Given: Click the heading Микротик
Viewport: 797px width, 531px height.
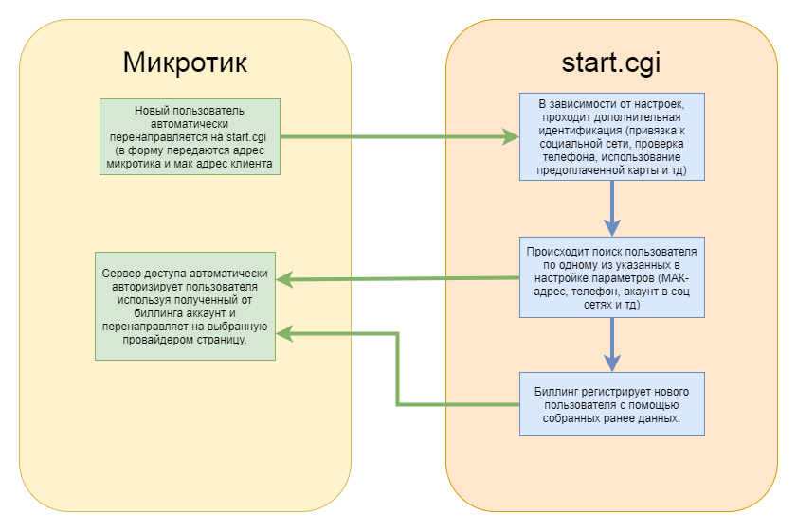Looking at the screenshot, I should pos(185,64).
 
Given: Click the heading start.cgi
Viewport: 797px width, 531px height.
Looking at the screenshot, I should pos(611,64).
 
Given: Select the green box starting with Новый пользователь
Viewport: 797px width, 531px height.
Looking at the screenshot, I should pos(190,136).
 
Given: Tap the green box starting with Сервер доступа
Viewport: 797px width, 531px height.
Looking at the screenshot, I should pos(186,305).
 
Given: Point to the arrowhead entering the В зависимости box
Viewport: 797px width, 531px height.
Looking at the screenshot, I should pos(511,137).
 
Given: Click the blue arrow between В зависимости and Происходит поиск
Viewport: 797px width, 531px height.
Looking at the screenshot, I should pos(612,207).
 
